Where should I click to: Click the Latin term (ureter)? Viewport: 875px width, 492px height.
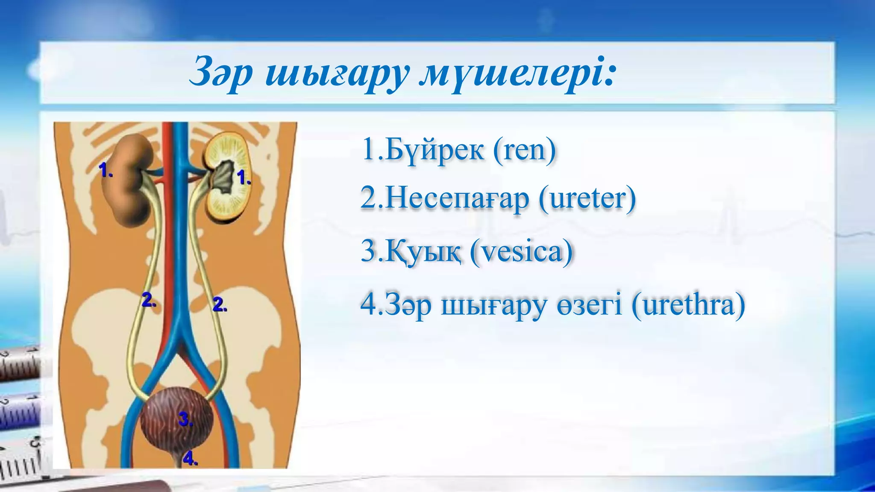[x=587, y=199]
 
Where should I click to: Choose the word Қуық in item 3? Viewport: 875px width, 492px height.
[x=423, y=252]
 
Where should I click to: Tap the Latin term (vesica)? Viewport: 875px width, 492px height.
[x=521, y=252]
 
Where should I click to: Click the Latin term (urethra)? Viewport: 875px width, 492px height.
[x=688, y=305]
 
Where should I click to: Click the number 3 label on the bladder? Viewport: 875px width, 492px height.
[x=185, y=419]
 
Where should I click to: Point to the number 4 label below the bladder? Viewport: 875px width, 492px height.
[x=190, y=459]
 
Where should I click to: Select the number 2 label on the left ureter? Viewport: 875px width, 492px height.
[x=148, y=300]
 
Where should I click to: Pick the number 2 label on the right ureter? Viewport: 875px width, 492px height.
[x=219, y=305]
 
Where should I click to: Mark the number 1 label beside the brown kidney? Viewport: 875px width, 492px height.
[x=105, y=170]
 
